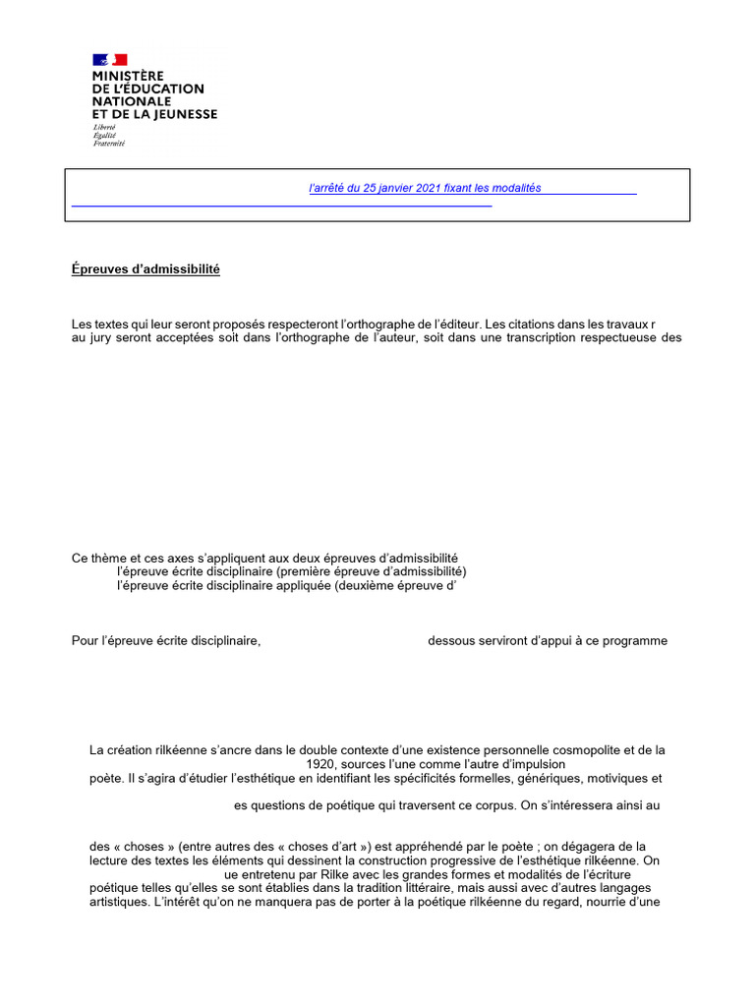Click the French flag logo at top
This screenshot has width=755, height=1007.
[x=110, y=59]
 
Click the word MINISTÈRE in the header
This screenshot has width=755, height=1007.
[x=129, y=76]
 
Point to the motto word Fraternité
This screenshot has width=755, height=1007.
[x=109, y=144]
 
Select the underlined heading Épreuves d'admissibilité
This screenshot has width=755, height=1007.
[x=145, y=269]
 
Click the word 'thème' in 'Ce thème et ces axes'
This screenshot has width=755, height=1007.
[x=108, y=558]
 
